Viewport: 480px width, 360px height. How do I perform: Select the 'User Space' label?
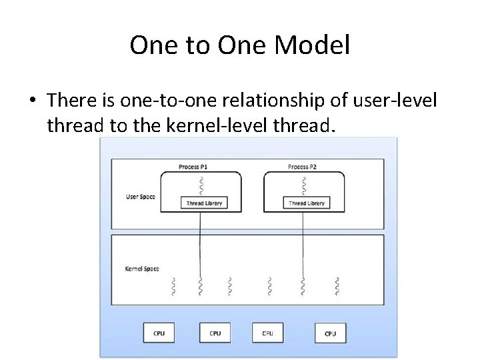tap(141, 197)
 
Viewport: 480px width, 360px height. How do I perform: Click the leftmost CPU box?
tap(159, 333)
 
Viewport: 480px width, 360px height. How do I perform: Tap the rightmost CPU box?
tap(330, 333)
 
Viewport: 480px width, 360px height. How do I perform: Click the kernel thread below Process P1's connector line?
tap(200, 285)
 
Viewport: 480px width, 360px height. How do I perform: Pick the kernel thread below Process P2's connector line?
tap(303, 285)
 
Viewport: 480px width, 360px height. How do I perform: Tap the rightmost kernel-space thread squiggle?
tap(337, 285)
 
